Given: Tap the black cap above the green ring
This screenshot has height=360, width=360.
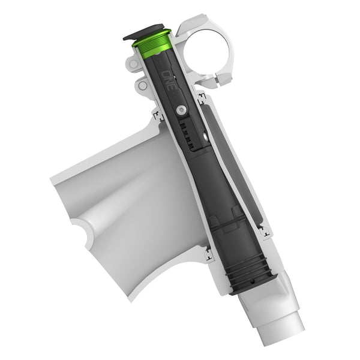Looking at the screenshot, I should tap(147, 32).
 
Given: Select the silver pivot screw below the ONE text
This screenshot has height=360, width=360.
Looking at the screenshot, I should tap(180, 110).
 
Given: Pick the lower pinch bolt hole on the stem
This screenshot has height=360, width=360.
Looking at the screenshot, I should tap(142, 86).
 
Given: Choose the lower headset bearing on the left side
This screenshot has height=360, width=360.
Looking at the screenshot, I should tap(208, 256).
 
